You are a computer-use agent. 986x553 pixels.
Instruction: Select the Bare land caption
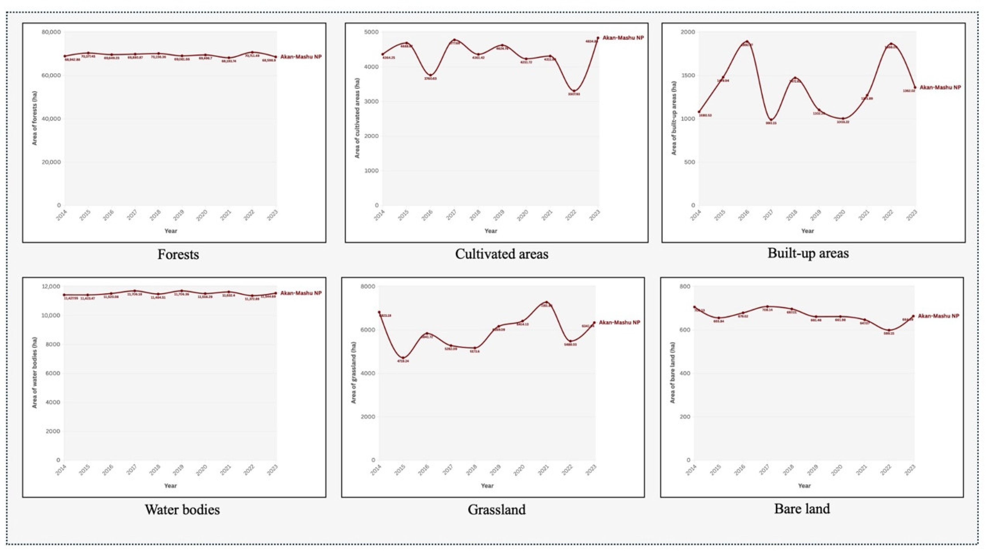pyautogui.click(x=802, y=509)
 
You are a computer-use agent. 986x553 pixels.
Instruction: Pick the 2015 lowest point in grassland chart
pyautogui.click(x=403, y=358)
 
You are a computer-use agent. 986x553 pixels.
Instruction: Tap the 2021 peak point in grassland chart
pyautogui.click(x=546, y=302)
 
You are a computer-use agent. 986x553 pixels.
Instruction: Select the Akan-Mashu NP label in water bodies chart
pyautogui.click(x=301, y=293)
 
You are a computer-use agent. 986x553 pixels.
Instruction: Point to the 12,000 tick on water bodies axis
pyautogui.click(x=51, y=286)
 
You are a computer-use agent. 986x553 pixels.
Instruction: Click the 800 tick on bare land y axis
pyautogui.click(x=685, y=286)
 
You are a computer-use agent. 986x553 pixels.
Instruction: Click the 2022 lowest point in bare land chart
pyautogui.click(x=889, y=330)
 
